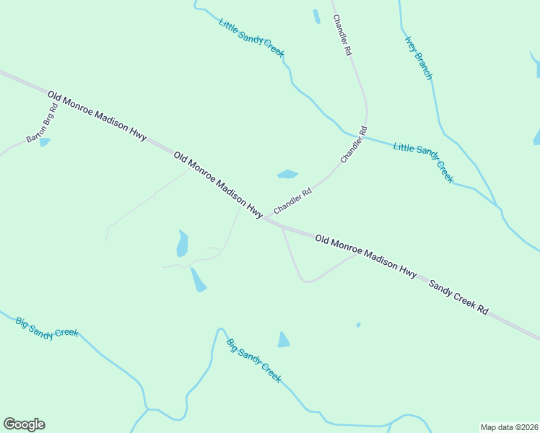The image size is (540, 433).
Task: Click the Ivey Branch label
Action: (x=418, y=58)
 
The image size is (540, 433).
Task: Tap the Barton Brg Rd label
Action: (x=41, y=128)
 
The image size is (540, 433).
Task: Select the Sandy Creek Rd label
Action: (x=458, y=297)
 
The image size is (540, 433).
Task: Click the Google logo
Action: (x=24, y=424)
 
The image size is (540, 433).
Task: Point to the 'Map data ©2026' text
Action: (x=509, y=427)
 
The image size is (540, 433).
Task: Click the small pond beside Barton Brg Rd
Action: (x=45, y=142)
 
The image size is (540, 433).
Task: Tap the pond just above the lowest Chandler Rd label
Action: (x=287, y=174)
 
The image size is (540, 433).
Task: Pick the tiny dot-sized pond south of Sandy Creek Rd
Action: (x=358, y=325)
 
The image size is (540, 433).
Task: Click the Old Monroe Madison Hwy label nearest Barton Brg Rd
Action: (x=97, y=115)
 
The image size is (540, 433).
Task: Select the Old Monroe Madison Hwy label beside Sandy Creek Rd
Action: (x=366, y=255)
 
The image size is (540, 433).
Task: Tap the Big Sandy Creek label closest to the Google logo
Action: (x=46, y=326)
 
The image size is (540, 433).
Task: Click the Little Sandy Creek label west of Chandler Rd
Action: (x=251, y=38)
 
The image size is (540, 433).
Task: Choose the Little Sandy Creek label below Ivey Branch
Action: (x=423, y=162)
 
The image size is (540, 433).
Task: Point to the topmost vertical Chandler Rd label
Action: (x=341, y=35)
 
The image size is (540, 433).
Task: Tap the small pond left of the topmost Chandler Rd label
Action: (x=316, y=16)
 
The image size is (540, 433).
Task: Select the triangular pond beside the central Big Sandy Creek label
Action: (x=284, y=340)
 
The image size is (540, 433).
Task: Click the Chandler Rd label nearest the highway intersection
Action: (x=292, y=201)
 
